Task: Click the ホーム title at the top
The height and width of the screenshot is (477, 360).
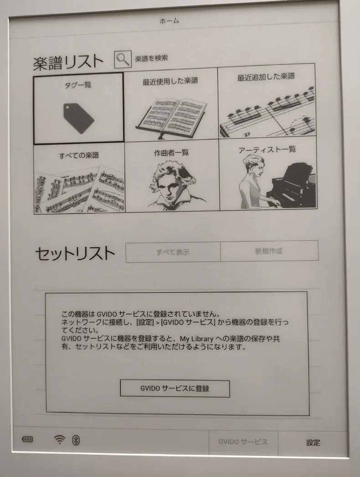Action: (170, 21)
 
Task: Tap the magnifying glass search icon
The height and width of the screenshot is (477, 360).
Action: (123, 59)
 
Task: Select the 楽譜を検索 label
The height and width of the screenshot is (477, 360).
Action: (151, 58)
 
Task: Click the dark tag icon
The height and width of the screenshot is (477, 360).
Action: (78, 118)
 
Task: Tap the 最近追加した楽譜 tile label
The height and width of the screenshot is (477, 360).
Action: (266, 76)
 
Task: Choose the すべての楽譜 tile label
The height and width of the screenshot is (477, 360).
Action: (79, 156)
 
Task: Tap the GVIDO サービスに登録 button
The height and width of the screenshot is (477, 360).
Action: (175, 389)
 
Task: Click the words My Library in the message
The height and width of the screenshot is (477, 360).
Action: (196, 338)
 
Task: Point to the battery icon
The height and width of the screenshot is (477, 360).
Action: (27, 439)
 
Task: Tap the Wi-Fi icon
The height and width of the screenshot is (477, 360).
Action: (60, 439)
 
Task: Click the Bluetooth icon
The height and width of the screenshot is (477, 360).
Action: (76, 440)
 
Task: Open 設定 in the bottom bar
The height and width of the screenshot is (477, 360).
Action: (313, 443)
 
